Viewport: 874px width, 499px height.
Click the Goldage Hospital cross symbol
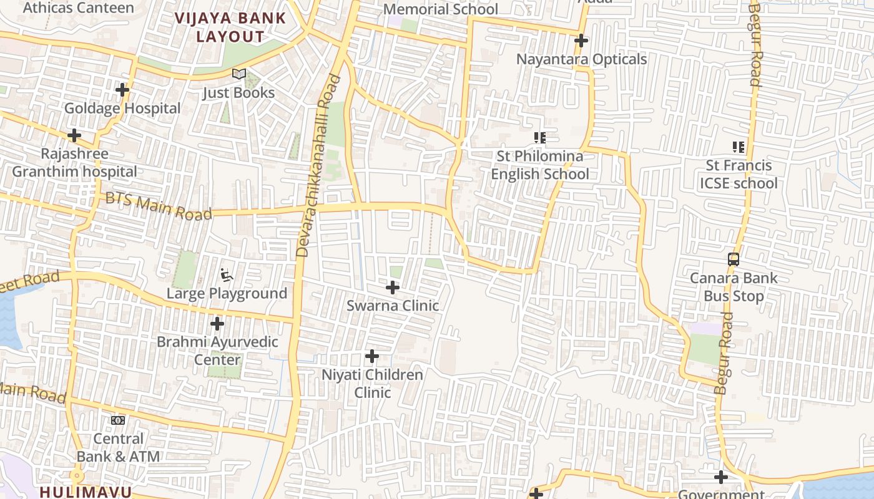pyautogui.click(x=122, y=90)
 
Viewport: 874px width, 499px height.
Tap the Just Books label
pyautogui.click(x=238, y=93)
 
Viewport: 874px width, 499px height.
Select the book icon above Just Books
pyautogui.click(x=239, y=74)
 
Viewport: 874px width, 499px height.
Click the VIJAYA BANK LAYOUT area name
pyautogui.click(x=230, y=27)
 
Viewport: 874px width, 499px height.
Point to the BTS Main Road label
pyautogui.click(x=159, y=206)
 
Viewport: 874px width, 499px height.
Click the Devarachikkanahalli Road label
pyautogui.click(x=319, y=166)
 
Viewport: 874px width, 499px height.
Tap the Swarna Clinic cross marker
pyautogui.click(x=393, y=288)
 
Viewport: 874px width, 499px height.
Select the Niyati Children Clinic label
pyautogui.click(x=372, y=384)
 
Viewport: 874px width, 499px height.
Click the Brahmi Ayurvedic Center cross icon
pyautogui.click(x=217, y=324)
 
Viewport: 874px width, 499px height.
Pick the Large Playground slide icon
pyautogui.click(x=227, y=275)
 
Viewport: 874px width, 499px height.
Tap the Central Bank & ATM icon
pyautogui.click(x=118, y=420)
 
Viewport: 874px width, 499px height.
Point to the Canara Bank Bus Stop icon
pyautogui.click(x=734, y=259)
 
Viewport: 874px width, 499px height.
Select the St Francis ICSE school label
pyautogui.click(x=739, y=174)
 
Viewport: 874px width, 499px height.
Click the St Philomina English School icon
pyautogui.click(x=540, y=137)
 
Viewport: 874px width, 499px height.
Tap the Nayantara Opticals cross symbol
pyautogui.click(x=581, y=41)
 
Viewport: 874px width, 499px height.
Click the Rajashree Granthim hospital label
pyautogui.click(x=74, y=163)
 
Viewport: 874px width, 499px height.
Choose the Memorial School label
pyautogui.click(x=440, y=9)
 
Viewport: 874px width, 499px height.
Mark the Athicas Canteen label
pyautogui.click(x=78, y=8)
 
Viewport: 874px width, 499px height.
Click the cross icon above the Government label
pyautogui.click(x=721, y=477)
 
